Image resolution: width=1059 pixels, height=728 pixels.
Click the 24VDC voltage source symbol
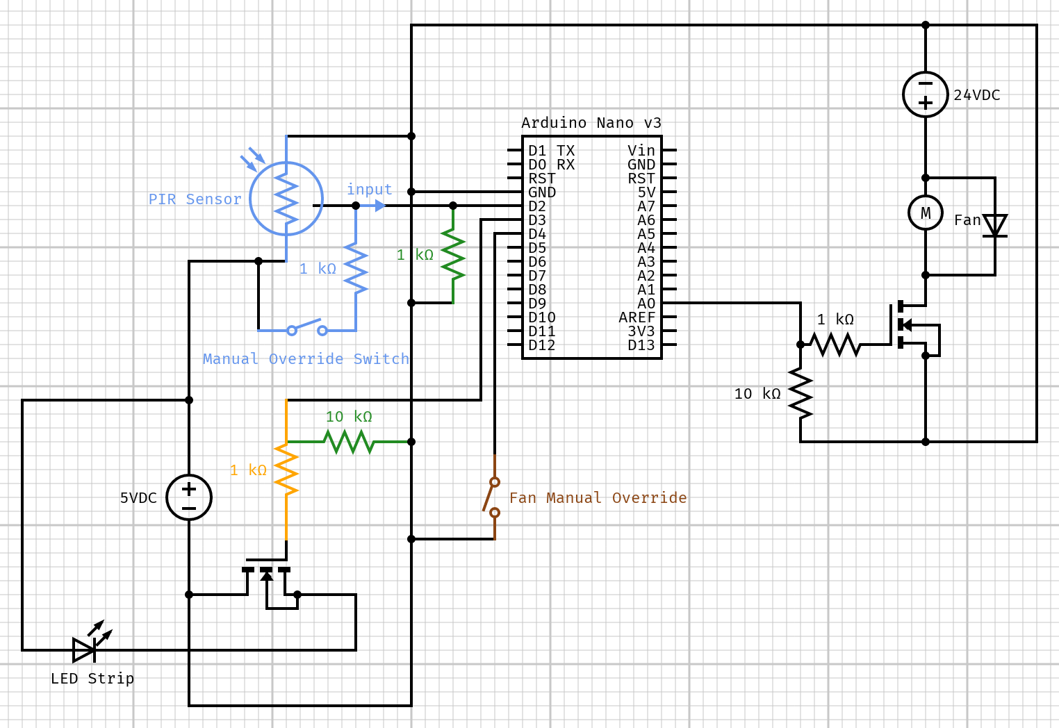pos(925,94)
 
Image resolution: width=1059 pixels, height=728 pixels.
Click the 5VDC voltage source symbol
pos(189,497)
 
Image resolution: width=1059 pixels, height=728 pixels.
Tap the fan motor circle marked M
pos(925,213)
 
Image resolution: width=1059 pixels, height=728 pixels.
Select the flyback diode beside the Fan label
pos(994,226)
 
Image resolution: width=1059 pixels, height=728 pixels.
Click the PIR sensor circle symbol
pos(286,199)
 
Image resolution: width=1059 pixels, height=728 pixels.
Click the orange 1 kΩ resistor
pos(286,470)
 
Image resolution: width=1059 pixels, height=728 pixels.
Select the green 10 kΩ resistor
pos(349,441)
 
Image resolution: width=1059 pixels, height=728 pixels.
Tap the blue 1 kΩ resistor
pos(356,268)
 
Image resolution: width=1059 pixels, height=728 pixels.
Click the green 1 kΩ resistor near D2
pos(453,255)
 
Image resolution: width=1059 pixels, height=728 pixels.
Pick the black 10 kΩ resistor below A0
pos(801,393)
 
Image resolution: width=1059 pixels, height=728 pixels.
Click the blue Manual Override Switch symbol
pos(306,329)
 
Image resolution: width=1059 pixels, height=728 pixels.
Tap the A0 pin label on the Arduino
pos(646,304)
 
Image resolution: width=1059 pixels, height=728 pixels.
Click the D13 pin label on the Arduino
pos(641,345)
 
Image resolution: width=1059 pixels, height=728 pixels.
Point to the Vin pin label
pos(641,151)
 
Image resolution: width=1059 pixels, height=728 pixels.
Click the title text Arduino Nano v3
pos(591,123)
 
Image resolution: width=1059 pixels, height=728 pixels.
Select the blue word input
pos(369,189)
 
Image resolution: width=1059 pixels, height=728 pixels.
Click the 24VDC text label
pos(976,95)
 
